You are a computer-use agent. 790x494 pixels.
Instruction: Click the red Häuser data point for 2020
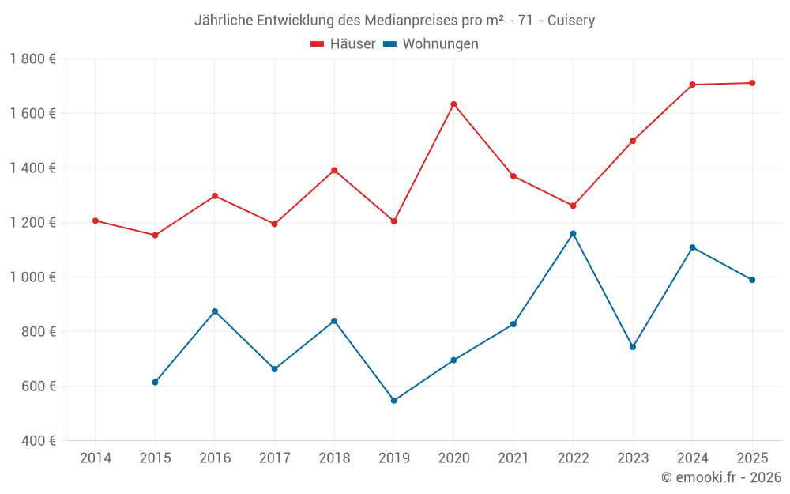click(x=453, y=104)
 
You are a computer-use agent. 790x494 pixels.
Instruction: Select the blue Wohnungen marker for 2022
click(x=573, y=234)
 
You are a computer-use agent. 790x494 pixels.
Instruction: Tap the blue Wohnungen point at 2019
click(x=394, y=401)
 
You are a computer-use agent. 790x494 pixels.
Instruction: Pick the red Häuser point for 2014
click(x=96, y=221)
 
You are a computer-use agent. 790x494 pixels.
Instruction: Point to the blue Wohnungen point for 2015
click(x=155, y=383)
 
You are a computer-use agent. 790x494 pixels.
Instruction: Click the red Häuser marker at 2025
click(x=752, y=83)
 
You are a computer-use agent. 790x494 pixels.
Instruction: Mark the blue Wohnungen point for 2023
click(x=633, y=347)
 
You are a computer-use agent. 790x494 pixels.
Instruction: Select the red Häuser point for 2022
click(x=573, y=206)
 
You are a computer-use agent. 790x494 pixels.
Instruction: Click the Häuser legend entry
click(x=344, y=44)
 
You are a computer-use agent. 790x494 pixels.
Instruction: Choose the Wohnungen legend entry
click(x=431, y=44)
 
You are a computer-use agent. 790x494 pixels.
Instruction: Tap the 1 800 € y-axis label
click(x=32, y=59)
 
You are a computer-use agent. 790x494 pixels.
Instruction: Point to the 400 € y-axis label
click(x=38, y=440)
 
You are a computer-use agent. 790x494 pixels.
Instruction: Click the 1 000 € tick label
click(x=32, y=277)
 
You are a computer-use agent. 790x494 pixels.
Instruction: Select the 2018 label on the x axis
click(x=334, y=458)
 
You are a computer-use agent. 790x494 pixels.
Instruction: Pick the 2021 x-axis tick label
click(x=513, y=458)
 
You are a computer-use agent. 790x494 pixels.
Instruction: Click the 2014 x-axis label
click(x=96, y=458)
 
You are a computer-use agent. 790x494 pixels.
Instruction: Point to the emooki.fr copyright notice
click(x=720, y=477)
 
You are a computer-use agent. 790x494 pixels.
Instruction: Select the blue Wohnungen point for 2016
click(x=215, y=311)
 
